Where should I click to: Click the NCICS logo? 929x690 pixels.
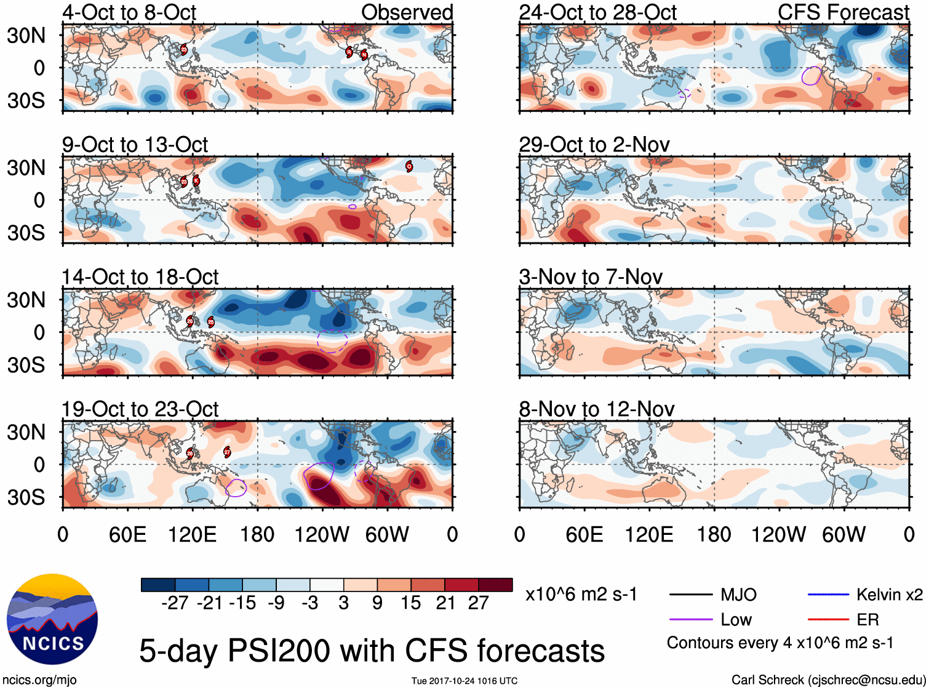tap(52, 619)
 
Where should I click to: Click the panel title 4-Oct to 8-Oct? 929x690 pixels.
tap(129, 12)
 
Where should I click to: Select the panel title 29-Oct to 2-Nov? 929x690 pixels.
tap(594, 145)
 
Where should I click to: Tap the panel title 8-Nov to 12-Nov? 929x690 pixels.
tap(596, 409)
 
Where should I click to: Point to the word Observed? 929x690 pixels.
tap(407, 12)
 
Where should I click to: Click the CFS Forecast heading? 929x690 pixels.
tap(843, 12)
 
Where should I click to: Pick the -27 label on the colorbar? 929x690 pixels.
tap(175, 603)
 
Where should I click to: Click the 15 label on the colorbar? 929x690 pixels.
tap(410, 603)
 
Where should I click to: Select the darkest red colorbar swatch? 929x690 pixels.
tap(495, 585)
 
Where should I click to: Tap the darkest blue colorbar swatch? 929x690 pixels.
tap(158, 585)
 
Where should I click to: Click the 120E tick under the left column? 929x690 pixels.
tap(193, 534)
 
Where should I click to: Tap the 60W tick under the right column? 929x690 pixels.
tap(843, 534)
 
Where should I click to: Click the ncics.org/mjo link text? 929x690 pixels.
tap(39, 680)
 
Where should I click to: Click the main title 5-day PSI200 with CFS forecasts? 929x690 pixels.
tap(372, 651)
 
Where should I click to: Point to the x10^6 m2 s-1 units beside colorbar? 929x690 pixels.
tap(581, 594)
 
